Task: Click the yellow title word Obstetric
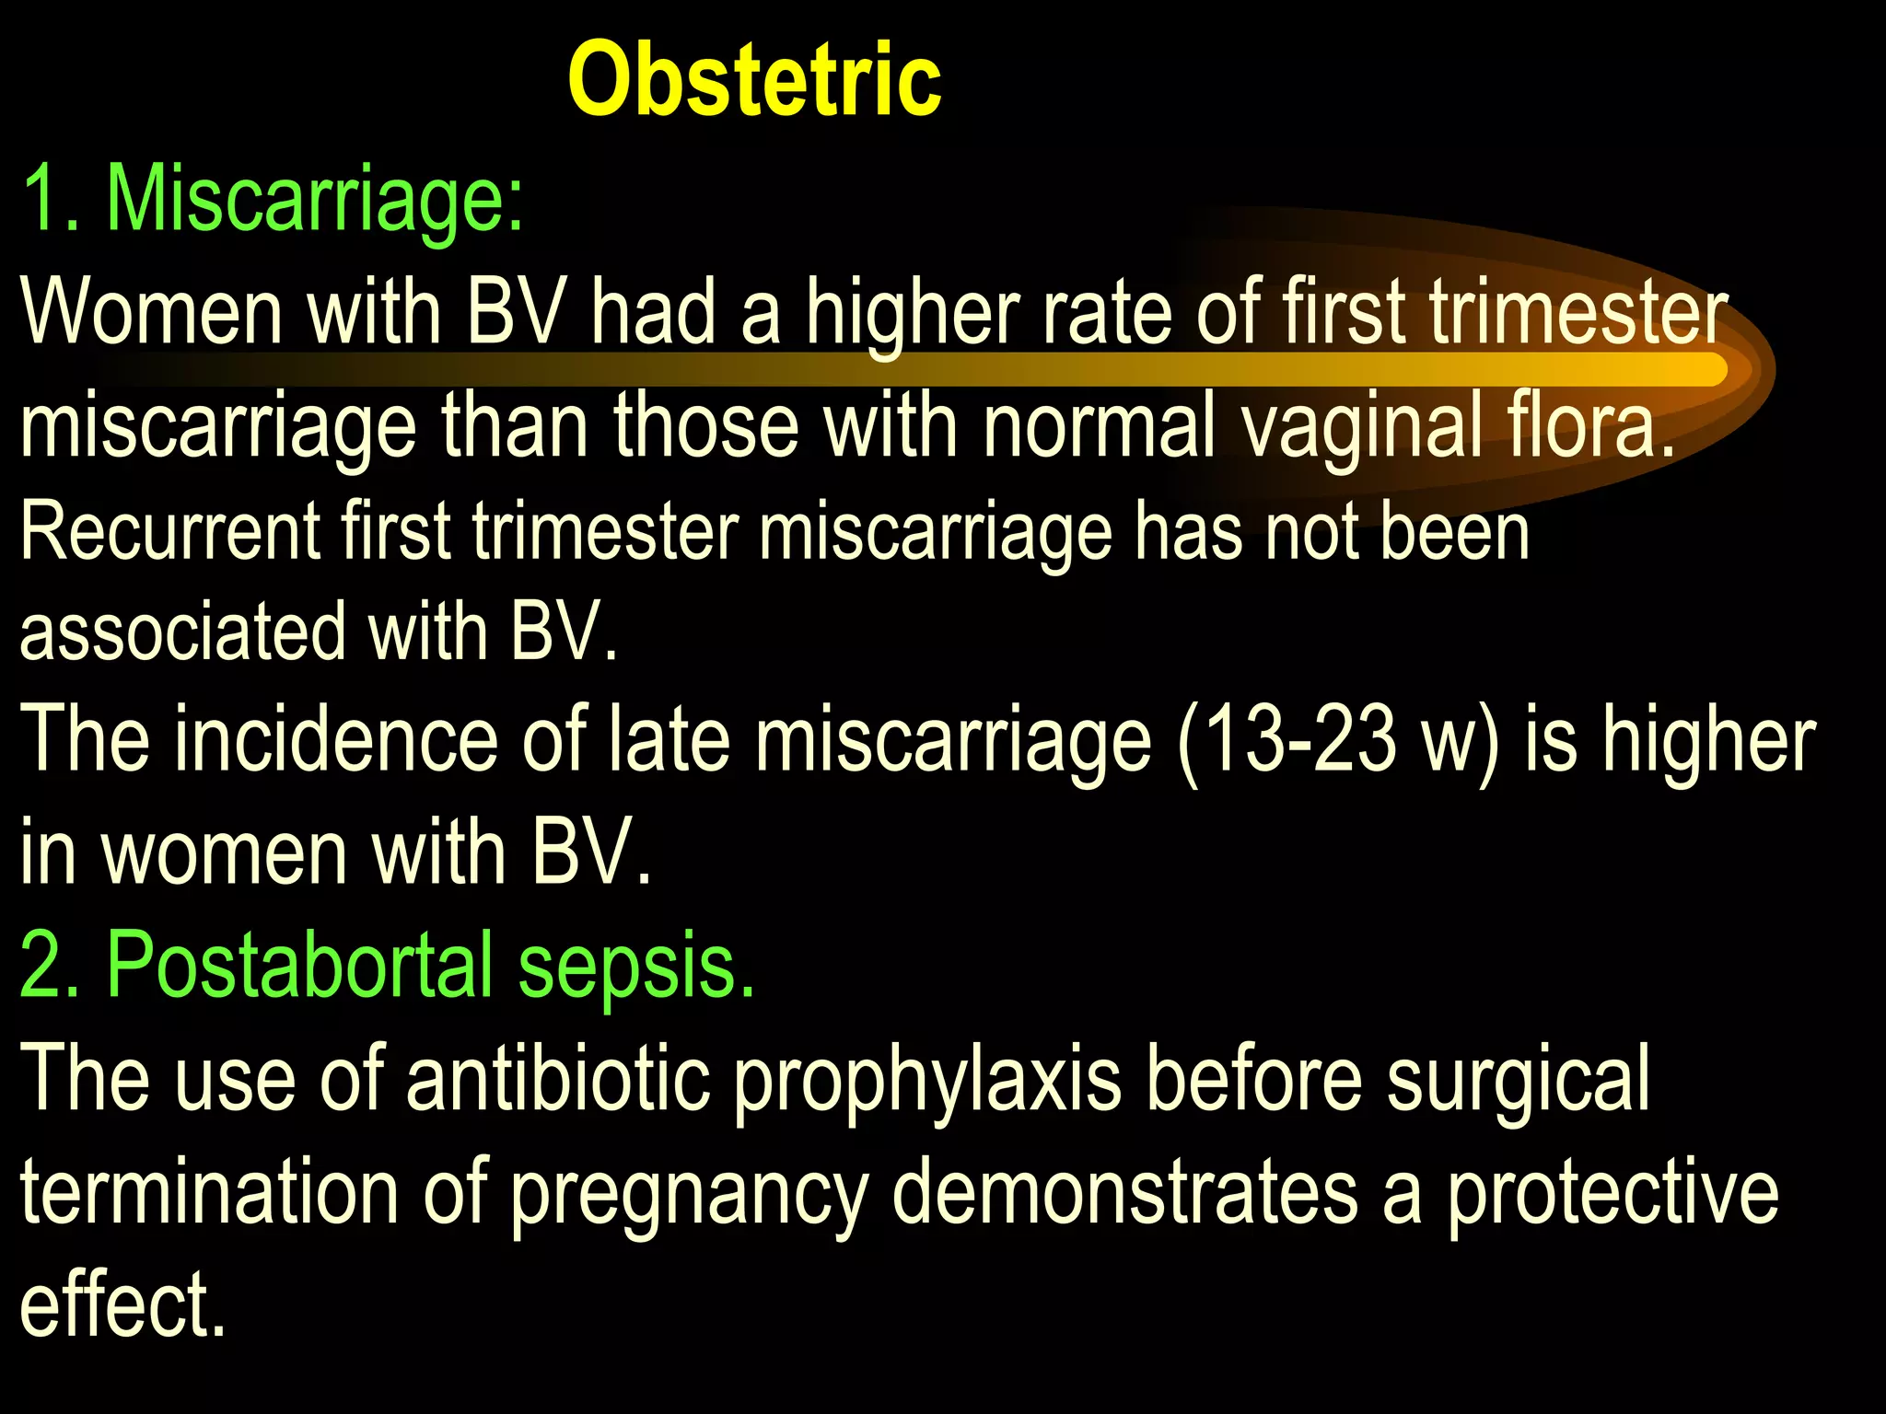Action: point(754,81)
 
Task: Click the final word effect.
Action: point(122,1304)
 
